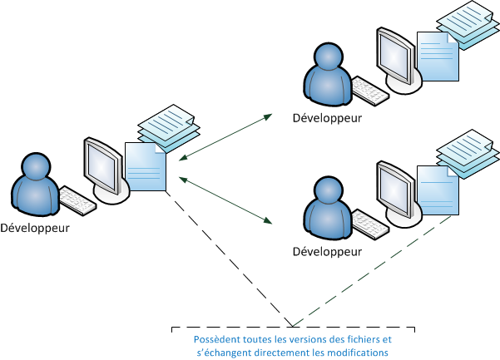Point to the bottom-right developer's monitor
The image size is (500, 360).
pyautogui.click(x=395, y=187)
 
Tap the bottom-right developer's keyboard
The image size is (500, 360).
pyautogui.click(x=369, y=221)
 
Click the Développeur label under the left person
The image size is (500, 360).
pyautogui.click(x=35, y=227)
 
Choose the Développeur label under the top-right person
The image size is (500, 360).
pyautogui.click(x=327, y=118)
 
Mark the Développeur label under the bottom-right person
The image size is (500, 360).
pyautogui.click(x=327, y=250)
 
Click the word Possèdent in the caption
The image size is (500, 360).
pyautogui.click(x=216, y=340)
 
